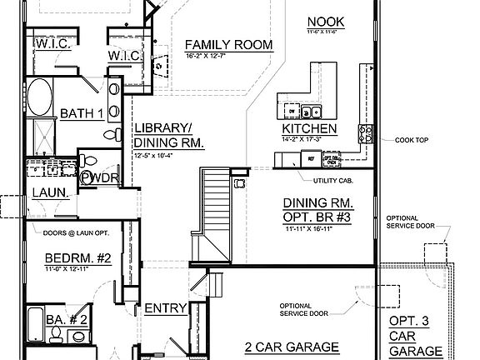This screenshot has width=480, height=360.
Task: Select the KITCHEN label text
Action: tap(309, 129)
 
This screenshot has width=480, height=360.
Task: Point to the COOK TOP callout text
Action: tap(412, 141)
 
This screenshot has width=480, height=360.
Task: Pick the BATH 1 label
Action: tap(81, 113)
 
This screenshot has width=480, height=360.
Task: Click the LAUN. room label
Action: tap(49, 193)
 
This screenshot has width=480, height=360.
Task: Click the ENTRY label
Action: tap(165, 308)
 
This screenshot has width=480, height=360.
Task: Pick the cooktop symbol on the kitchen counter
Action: tap(366, 130)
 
